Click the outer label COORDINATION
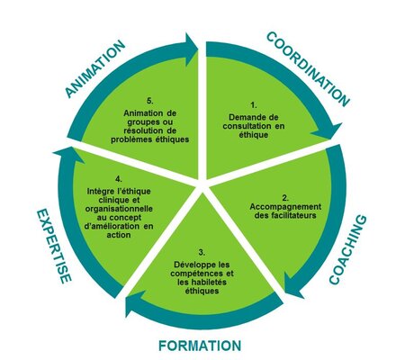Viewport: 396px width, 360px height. [x=308, y=69]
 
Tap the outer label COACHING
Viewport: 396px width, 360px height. [x=348, y=249]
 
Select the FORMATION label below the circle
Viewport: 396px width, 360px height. [x=200, y=346]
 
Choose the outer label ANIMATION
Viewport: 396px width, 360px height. [x=95, y=68]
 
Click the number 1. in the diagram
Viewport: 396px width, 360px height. [x=254, y=105]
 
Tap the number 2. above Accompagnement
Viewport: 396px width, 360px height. [x=285, y=198]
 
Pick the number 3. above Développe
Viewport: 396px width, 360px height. [x=202, y=253]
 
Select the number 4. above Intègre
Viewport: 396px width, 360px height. [x=119, y=179]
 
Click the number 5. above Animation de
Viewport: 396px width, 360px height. [x=150, y=101]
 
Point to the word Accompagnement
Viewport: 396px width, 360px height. [x=285, y=207]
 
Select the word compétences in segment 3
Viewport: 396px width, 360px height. [x=196, y=274]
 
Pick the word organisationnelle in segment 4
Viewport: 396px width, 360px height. [x=119, y=209]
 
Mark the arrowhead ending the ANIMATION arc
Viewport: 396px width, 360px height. [x=192, y=49]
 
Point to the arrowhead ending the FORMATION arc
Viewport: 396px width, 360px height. [x=133, y=303]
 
